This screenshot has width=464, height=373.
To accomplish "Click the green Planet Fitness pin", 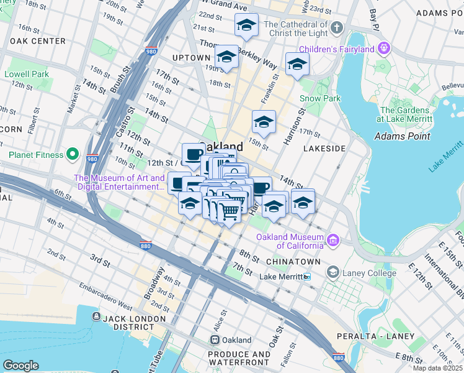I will [73, 154].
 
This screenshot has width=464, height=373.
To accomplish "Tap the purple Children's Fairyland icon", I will [385, 48].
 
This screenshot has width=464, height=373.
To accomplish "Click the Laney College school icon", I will [333, 272].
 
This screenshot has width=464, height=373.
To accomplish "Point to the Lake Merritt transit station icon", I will [306, 277].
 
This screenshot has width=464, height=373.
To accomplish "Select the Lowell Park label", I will [27, 74].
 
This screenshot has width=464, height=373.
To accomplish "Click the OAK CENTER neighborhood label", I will [38, 41].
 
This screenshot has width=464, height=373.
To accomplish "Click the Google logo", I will [20, 366].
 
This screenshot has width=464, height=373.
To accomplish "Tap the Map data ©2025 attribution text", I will [437, 368].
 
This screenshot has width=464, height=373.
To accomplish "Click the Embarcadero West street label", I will [105, 295].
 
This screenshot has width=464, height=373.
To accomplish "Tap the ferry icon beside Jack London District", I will [97, 316].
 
